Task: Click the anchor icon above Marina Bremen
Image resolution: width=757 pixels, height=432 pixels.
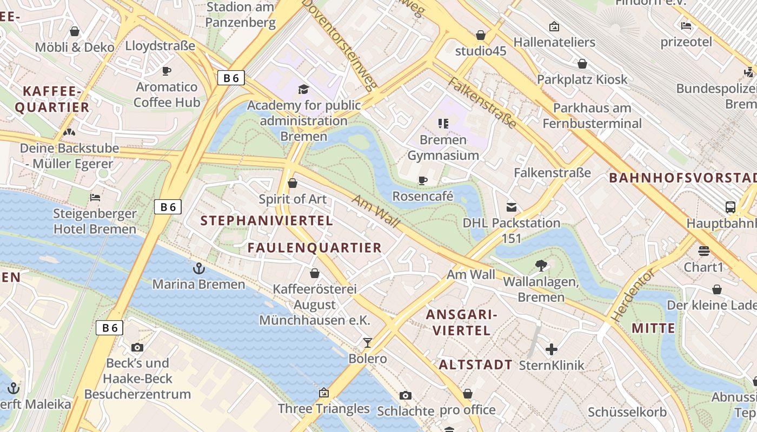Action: [199, 268]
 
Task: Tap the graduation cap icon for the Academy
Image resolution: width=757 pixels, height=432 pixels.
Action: [303, 89]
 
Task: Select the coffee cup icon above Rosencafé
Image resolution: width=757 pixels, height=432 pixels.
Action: [423, 180]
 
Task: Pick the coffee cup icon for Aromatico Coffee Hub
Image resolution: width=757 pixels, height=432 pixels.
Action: [167, 71]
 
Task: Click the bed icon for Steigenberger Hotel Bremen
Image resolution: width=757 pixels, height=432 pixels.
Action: [95, 198]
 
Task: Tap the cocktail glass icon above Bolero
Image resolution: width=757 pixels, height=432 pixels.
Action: [368, 342]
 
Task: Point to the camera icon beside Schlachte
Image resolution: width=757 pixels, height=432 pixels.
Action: [405, 396]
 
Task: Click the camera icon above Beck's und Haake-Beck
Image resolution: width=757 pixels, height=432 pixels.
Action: [137, 347]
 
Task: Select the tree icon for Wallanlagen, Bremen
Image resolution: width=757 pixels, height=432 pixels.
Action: [540, 265]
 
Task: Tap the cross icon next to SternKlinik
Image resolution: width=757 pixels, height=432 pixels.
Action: [552, 349]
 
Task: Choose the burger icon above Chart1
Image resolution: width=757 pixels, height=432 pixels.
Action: [703, 251]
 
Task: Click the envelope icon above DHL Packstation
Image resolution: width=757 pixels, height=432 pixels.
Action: [511, 207]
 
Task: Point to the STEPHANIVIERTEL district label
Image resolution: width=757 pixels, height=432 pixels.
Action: [267, 220]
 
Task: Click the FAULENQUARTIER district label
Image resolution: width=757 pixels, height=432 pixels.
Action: [315, 248]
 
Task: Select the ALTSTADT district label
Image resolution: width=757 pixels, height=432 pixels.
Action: [475, 364]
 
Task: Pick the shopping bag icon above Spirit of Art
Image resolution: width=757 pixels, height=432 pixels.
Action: [293, 184]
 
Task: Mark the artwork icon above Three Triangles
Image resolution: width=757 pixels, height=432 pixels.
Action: [324, 393]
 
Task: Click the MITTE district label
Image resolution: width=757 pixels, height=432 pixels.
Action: [653, 328]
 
